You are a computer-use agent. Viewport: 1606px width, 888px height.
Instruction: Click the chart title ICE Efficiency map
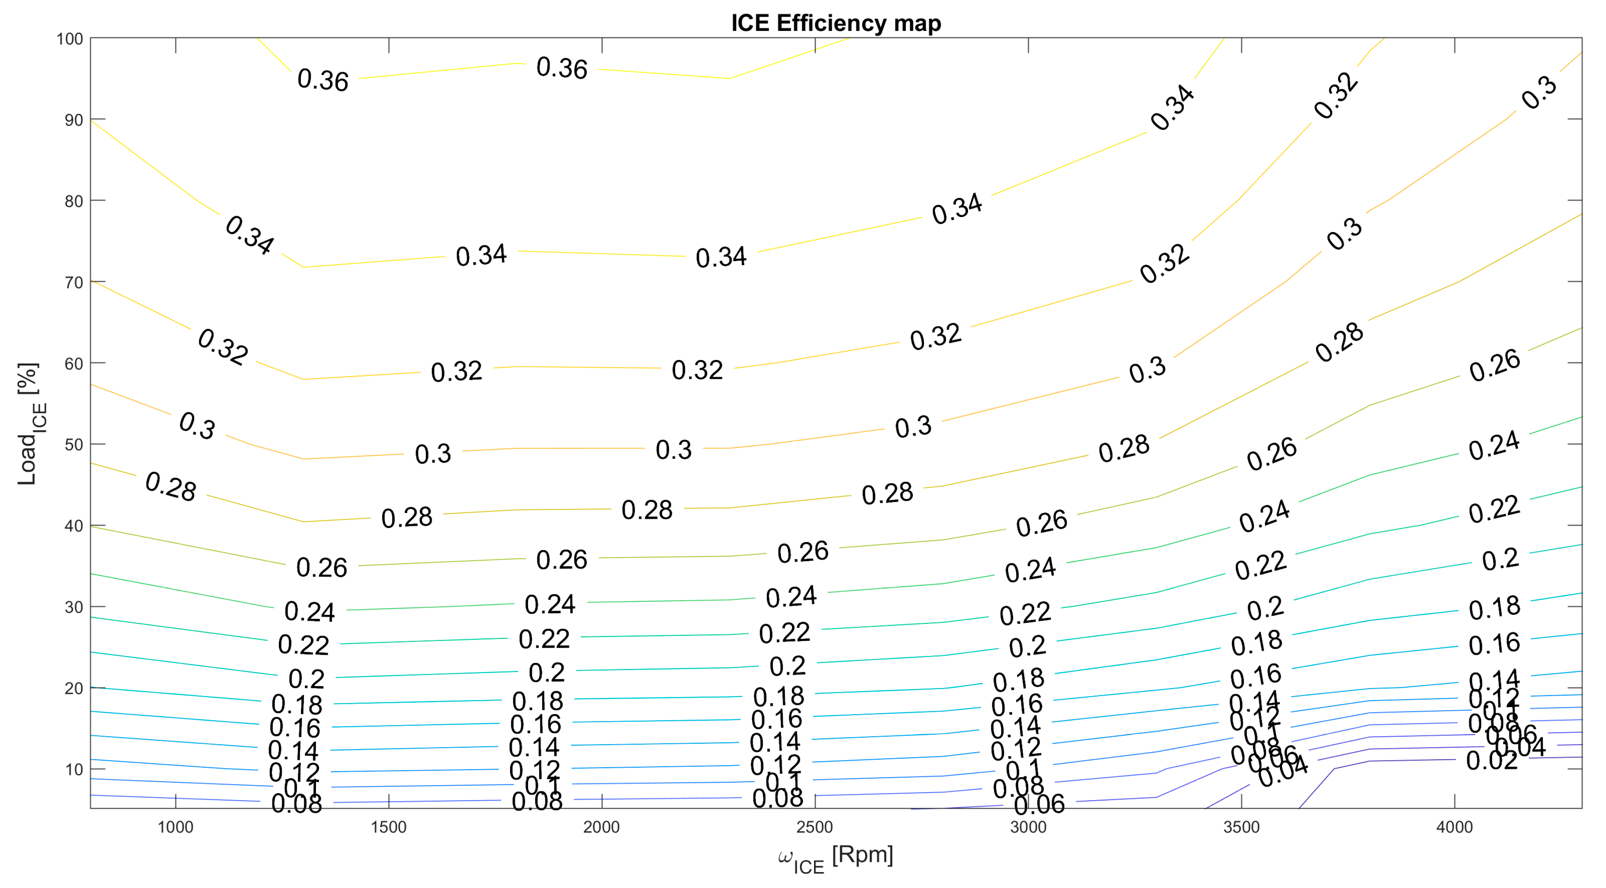[x=836, y=23]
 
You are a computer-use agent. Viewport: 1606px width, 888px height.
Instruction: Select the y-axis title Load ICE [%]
[x=29, y=424]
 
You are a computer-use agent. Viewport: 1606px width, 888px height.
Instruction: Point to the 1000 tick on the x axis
[x=175, y=827]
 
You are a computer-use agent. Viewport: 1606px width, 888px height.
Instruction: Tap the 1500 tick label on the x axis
[x=388, y=827]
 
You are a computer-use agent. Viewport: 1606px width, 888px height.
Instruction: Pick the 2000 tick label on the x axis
[x=602, y=827]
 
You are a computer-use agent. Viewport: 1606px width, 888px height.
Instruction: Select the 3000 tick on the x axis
[x=1028, y=827]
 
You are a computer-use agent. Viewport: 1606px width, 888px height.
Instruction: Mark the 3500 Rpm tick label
[x=1241, y=827]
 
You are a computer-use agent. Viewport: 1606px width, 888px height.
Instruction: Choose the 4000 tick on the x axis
[x=1455, y=827]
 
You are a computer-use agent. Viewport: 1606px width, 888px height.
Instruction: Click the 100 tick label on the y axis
[x=69, y=39]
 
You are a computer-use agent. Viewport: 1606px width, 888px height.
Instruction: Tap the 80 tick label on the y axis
[x=74, y=201]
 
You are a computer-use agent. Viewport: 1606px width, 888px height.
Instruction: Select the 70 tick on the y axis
[x=74, y=283]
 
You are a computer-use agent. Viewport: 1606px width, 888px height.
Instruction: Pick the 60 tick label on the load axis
[x=74, y=364]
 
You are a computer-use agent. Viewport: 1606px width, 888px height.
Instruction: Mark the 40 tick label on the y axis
[x=74, y=526]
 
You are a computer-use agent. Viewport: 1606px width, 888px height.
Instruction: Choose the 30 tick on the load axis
[x=74, y=607]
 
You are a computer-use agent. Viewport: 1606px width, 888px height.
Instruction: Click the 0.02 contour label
[x=1491, y=761]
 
